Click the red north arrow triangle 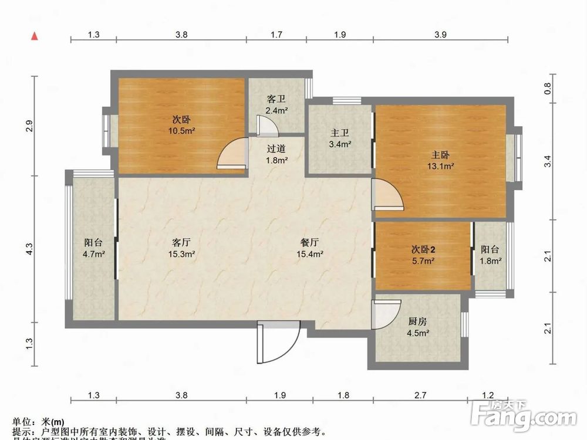click(x=35, y=36)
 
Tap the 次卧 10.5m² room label click(x=180, y=125)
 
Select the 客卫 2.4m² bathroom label click(x=276, y=104)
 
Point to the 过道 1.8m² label click(x=276, y=154)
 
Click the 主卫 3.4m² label click(x=340, y=138)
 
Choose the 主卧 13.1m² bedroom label click(x=441, y=160)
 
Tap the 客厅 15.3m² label click(x=183, y=248)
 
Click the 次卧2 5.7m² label click(x=423, y=255)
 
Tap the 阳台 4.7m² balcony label click(x=94, y=248)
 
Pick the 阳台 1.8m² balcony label click(x=491, y=255)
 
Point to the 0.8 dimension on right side click(x=547, y=87)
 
